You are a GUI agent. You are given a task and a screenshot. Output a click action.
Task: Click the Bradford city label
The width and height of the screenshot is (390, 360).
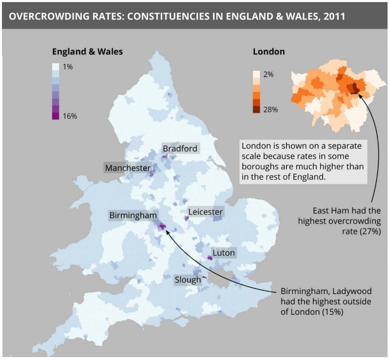[x=180, y=148]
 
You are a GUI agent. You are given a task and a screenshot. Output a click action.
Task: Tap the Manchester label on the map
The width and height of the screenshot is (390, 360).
[x=128, y=168]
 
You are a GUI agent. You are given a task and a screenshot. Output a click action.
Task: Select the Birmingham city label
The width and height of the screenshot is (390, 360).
[x=133, y=215]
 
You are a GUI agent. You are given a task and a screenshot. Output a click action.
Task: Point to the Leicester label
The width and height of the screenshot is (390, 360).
[x=205, y=212]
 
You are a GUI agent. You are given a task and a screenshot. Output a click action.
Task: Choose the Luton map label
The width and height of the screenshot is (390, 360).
[x=224, y=253]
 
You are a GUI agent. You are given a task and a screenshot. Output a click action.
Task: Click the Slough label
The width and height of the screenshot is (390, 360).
[x=188, y=280]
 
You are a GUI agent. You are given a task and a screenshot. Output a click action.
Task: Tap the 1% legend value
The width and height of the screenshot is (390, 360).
[x=68, y=66]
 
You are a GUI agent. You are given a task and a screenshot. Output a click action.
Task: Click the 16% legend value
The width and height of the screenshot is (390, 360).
[x=70, y=116]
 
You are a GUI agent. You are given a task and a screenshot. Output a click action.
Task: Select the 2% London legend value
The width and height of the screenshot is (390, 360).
[x=268, y=74]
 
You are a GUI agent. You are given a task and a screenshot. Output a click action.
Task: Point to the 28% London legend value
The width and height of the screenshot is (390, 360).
[x=270, y=109]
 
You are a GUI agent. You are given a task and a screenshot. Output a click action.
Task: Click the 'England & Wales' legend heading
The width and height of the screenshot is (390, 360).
[x=87, y=51]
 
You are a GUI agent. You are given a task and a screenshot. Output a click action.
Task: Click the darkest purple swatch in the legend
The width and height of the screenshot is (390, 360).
[x=56, y=116]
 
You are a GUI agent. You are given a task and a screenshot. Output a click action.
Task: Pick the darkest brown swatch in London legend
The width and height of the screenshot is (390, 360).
[x=256, y=109]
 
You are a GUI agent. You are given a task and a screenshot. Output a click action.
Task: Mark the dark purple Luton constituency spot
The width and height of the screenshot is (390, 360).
[x=210, y=257]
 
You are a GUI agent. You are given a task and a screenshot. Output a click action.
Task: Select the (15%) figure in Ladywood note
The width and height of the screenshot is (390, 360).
[x=332, y=311]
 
